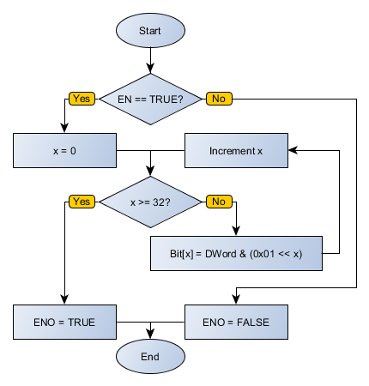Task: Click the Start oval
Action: [150, 30]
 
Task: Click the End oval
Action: [150, 355]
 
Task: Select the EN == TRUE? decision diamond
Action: [151, 99]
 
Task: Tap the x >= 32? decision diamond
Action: [150, 202]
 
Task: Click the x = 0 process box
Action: [64, 150]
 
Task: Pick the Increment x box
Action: [237, 150]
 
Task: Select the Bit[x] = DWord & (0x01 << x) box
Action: [237, 253]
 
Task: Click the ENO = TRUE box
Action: [64, 322]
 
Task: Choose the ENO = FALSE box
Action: [237, 322]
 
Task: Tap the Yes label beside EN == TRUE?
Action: [82, 99]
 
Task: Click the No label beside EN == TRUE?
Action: [218, 99]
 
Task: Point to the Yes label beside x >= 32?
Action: [82, 202]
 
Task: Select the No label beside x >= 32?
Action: [218, 202]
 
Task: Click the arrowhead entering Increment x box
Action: [293, 150]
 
